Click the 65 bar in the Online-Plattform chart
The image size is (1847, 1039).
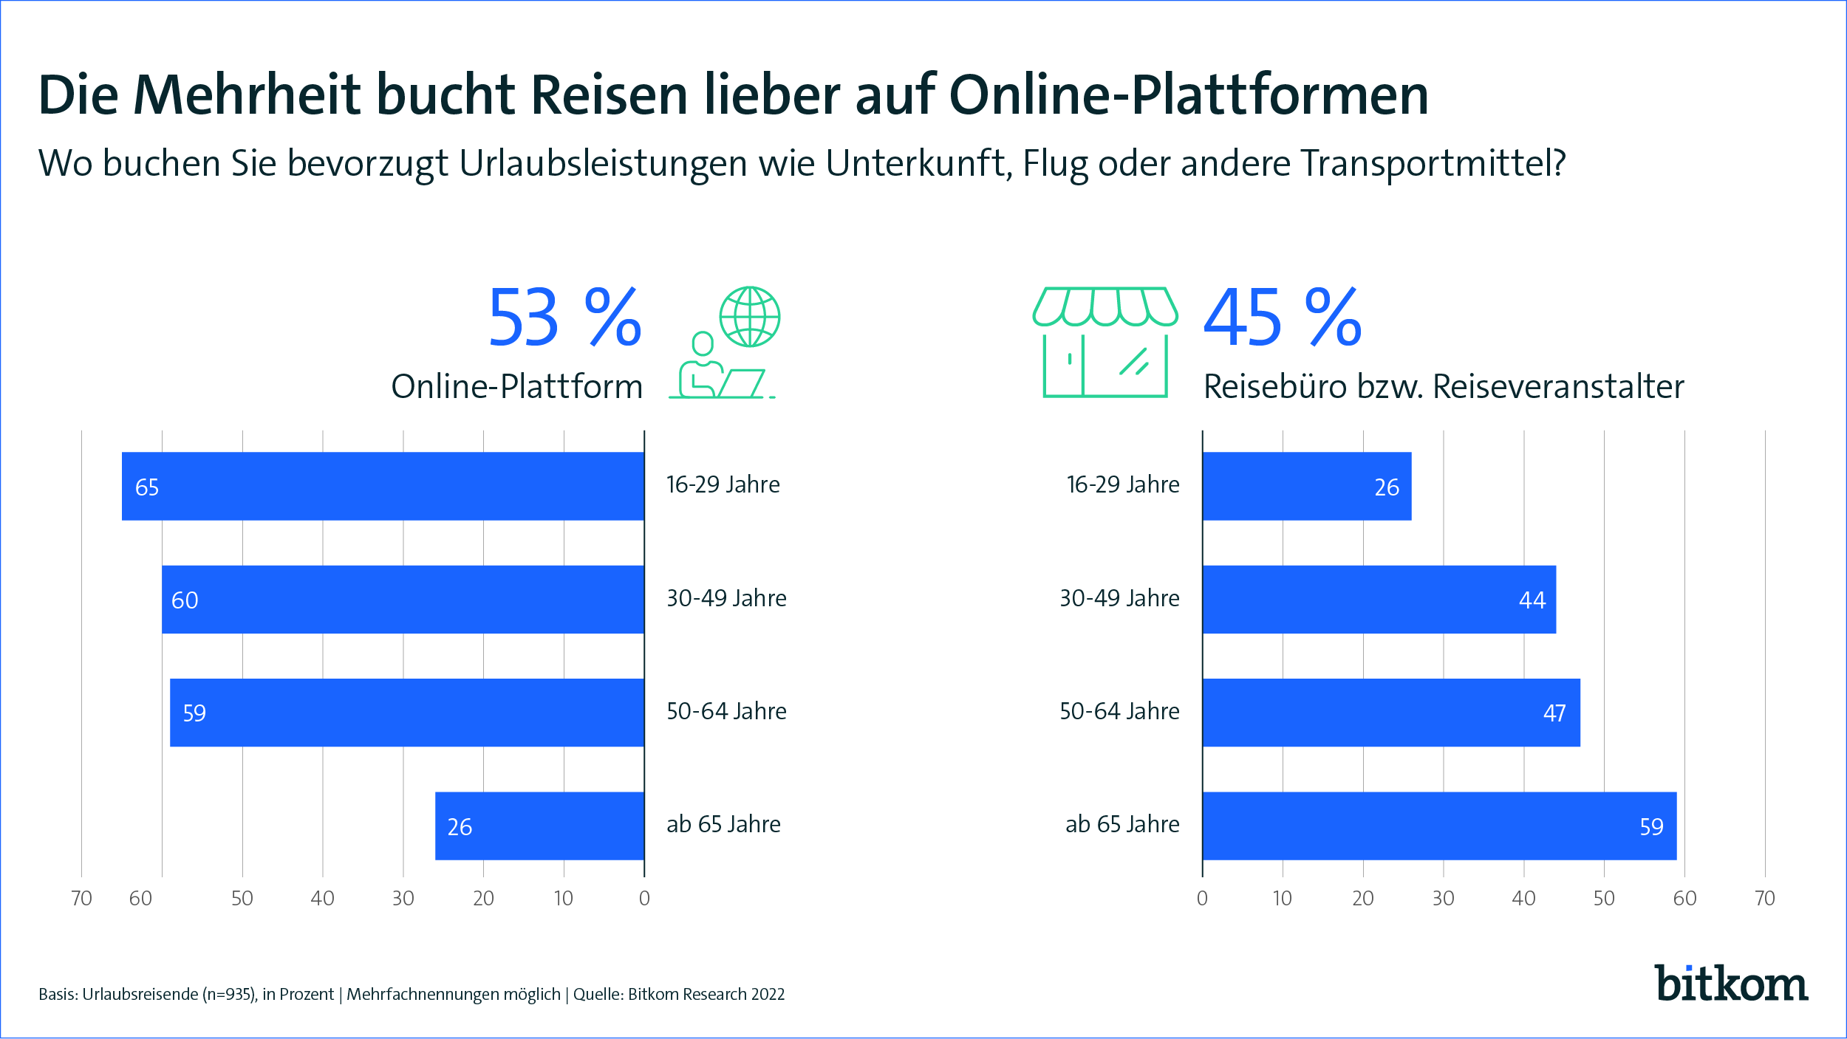click(x=383, y=486)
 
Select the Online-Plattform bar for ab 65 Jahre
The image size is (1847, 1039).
click(x=539, y=826)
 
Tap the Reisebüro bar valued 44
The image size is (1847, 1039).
click(x=1379, y=599)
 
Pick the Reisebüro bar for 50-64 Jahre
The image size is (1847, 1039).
click(x=1390, y=712)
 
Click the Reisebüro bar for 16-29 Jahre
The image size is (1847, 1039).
click(x=1306, y=486)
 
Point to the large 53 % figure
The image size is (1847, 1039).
click(x=564, y=318)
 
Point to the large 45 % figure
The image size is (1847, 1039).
click(x=1283, y=318)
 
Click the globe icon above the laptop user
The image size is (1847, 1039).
click(x=750, y=317)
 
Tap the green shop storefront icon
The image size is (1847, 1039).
click(x=1105, y=343)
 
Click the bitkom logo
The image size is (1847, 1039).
click(x=1731, y=984)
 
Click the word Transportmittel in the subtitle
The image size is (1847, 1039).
click(x=1432, y=164)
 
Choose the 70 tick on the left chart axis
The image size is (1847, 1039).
click(x=81, y=898)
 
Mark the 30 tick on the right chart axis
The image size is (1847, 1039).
click(x=1443, y=898)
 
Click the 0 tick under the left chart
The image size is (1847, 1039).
click(x=644, y=898)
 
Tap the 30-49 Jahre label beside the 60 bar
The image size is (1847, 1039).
click(x=726, y=598)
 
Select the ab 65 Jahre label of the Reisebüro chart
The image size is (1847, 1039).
click(x=1122, y=824)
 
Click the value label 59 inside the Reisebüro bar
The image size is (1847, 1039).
click(x=1651, y=827)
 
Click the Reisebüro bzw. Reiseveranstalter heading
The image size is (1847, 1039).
click(x=1444, y=387)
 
